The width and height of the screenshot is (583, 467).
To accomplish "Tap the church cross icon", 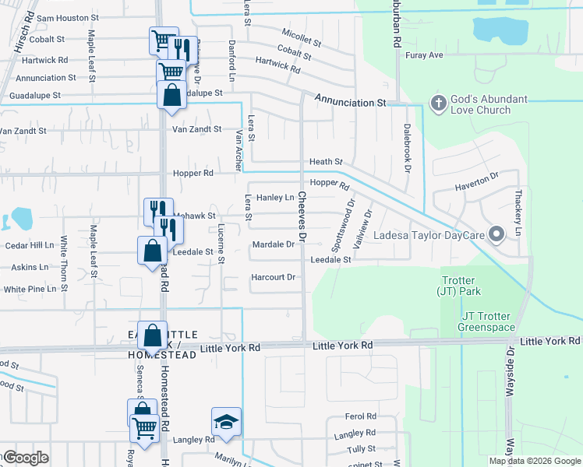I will [x=438, y=102].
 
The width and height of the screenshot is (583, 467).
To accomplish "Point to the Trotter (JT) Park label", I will [x=458, y=286].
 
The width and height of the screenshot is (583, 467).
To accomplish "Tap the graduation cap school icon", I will [x=227, y=422].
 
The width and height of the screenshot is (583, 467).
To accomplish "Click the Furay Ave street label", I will [x=424, y=55].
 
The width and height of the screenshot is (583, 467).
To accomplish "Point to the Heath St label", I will [x=326, y=161].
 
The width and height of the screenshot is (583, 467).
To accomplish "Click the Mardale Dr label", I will [x=273, y=244].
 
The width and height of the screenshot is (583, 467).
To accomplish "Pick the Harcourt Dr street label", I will [x=273, y=277].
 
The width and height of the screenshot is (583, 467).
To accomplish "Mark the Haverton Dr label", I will [x=475, y=183].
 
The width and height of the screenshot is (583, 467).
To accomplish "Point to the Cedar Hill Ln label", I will [x=29, y=244].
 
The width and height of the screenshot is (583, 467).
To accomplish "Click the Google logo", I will [x=25, y=457].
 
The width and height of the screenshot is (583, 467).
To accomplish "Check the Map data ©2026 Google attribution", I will [x=534, y=461].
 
